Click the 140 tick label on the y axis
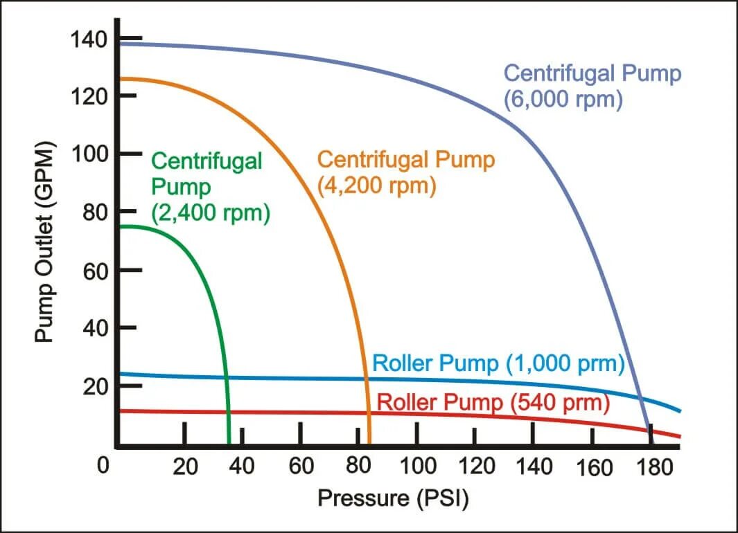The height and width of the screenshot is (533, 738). [x=89, y=39]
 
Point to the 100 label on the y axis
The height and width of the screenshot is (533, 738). [x=89, y=154]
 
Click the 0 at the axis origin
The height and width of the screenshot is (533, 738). [x=103, y=466]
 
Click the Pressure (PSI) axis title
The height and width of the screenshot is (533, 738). [x=392, y=498]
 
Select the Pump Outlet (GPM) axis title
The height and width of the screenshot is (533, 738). [x=45, y=243]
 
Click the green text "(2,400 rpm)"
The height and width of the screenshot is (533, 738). [x=211, y=213]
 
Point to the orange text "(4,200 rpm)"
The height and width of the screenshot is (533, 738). [x=376, y=186]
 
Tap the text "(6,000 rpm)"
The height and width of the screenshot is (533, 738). [x=563, y=99]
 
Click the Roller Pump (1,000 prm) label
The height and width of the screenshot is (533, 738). [x=499, y=364]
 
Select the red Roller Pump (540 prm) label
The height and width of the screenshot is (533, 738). [x=493, y=402]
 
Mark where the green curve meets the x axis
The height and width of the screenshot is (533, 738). [x=229, y=443]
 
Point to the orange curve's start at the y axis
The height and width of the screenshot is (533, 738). [x=121, y=79]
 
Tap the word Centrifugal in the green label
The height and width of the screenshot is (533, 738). [x=207, y=161]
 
